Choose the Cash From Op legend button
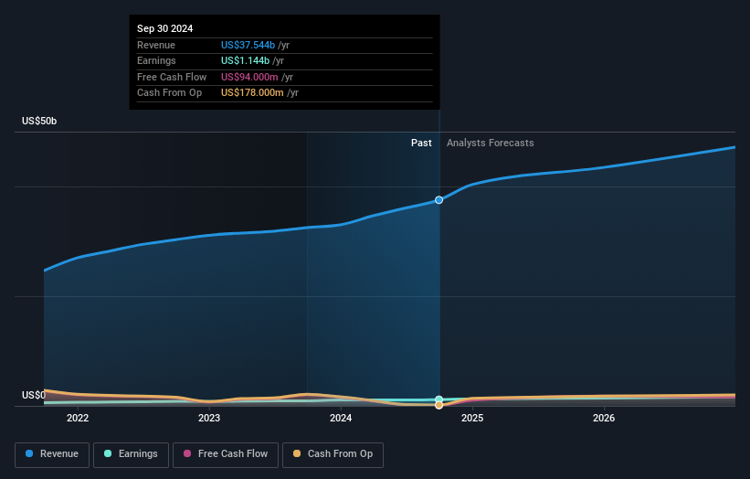tap(333, 453)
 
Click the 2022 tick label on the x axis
tap(78, 419)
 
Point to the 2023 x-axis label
tap(209, 419)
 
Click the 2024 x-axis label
tap(341, 419)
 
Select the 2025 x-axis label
tap(472, 419)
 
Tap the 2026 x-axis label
tap(604, 419)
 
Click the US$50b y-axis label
tap(39, 122)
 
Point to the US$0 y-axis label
tap(34, 395)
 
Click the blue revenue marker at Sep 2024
tap(439, 199)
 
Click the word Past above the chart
tap(421, 143)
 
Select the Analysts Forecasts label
tap(490, 143)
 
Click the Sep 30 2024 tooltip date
tap(165, 29)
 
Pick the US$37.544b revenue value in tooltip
tap(248, 45)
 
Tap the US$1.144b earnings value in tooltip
tap(245, 61)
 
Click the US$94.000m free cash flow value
tap(248, 77)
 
